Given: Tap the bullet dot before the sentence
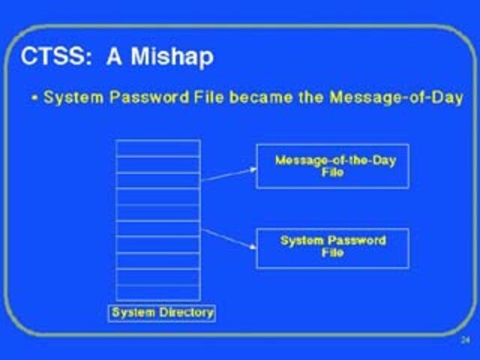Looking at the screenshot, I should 34,98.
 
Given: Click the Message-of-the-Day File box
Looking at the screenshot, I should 332,166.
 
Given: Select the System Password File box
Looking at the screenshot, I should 332,247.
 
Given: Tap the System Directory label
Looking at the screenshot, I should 162,312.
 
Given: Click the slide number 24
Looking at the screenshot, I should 464,340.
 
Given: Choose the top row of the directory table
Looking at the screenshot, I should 157,148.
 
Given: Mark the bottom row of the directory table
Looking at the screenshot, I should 157,293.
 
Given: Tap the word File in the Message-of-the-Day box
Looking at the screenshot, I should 332,172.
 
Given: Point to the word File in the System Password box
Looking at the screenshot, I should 332,253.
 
